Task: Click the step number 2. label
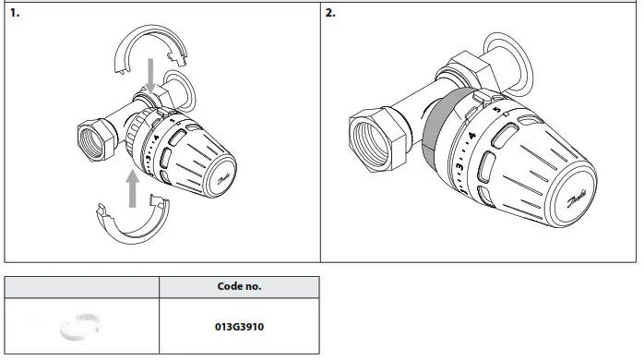331,15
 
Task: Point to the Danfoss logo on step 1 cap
224,180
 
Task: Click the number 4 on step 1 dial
157,138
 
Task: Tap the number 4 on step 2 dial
471,136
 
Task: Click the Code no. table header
239,287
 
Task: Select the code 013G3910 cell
239,326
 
